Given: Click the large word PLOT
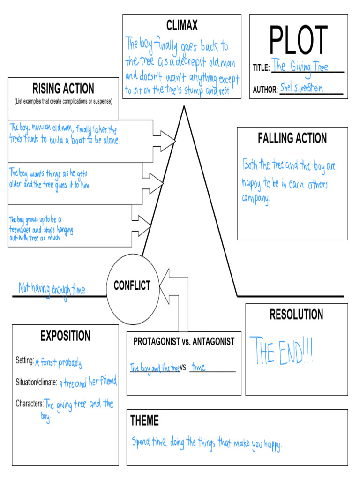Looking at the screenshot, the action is coord(298,40).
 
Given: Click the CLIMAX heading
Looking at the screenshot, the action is coord(182,25).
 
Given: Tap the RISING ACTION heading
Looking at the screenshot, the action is coord(63,89).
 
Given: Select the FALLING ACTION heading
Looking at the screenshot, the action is coord(292,138).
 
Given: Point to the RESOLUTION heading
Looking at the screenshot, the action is coord(296,315).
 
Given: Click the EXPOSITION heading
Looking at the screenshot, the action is coord(65,336).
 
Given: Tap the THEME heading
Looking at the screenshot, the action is coord(144,421).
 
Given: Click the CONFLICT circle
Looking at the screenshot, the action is coord(132,285).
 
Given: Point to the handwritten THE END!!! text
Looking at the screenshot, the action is coord(281,351).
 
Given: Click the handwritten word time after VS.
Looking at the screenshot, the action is coord(198,367).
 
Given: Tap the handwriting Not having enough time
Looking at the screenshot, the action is coord(52,289).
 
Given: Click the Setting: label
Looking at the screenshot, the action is coord(25,360).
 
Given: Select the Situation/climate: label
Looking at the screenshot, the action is coord(36,382).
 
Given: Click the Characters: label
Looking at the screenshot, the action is coord(30,403).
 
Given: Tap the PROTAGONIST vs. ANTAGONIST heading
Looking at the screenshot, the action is coord(184,342).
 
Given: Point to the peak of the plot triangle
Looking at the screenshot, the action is coord(184,107).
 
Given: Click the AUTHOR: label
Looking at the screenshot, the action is coord(265,90).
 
